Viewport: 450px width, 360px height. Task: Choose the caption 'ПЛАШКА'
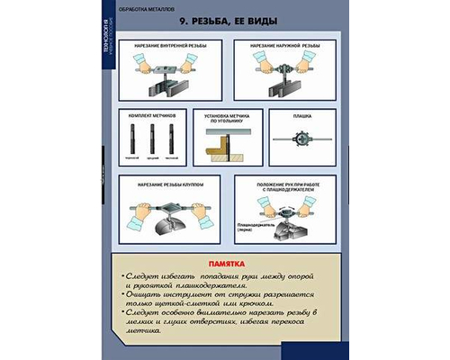pos(301,116)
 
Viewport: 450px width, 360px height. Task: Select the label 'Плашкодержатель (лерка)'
pos(255,228)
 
